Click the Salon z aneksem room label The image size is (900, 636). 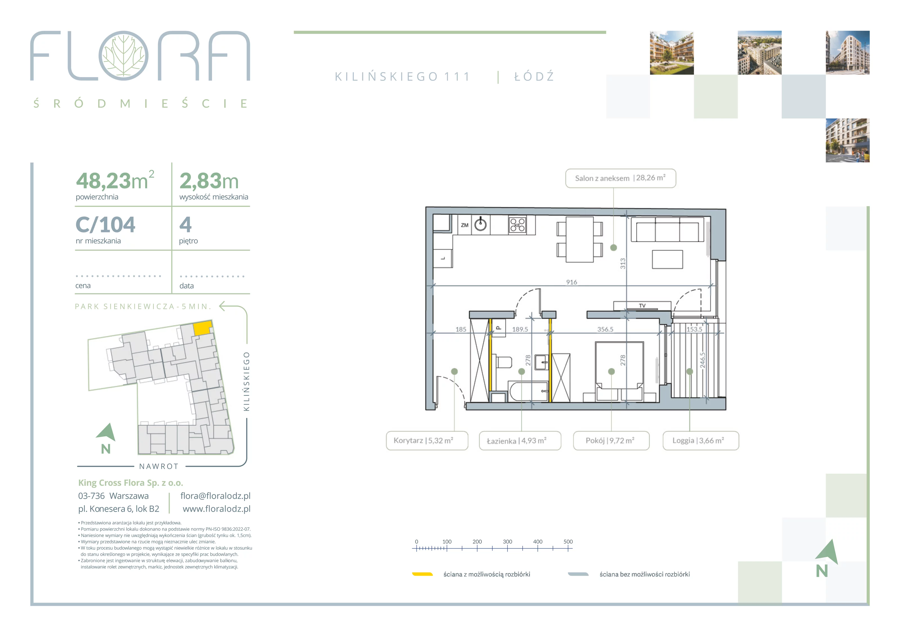pos(620,178)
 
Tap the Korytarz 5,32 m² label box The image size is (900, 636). pos(427,441)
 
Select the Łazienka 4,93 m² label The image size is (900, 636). pos(520,441)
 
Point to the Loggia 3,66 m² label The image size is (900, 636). pos(701,441)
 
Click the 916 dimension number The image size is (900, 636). pos(571,282)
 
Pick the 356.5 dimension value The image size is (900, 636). pos(605,330)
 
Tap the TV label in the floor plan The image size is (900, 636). pos(642,306)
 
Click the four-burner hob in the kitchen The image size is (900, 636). pos(517,225)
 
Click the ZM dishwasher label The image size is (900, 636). pos(465,225)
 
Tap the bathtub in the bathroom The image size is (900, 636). pos(528,391)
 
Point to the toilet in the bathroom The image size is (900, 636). pos(504,362)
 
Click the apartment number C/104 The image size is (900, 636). pos(105,225)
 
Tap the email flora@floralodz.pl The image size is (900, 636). pos(215,496)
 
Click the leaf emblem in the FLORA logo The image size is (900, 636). pos(123,56)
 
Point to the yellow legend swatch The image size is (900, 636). pos(422,574)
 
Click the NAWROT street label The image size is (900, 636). pos(159,466)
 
